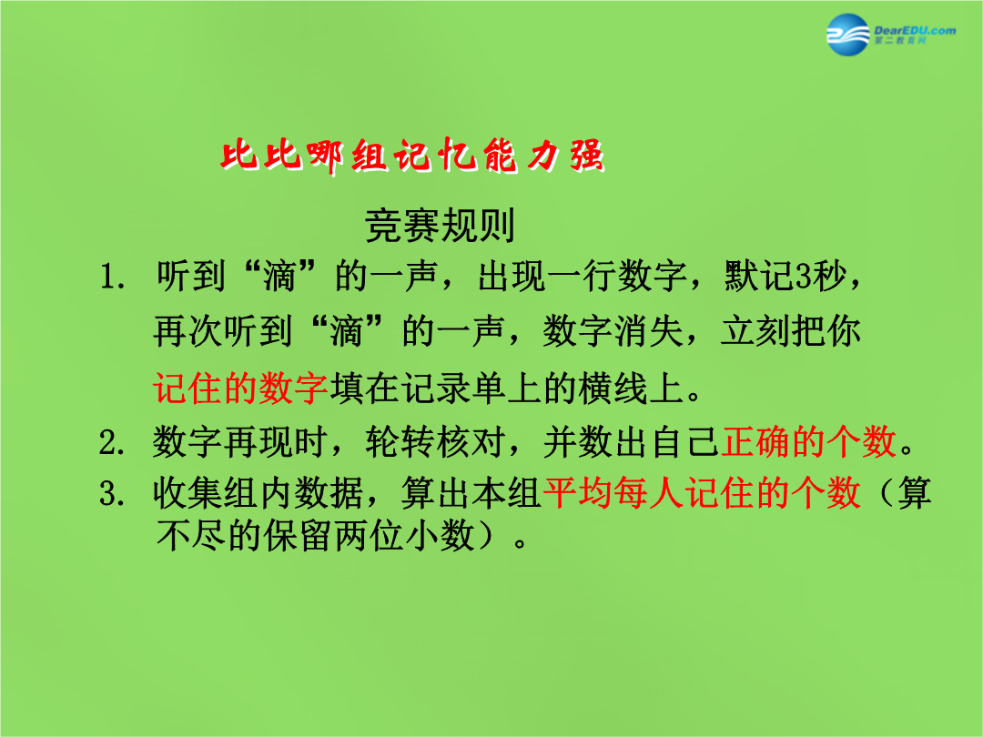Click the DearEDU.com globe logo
(x=848, y=34)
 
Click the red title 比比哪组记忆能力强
(x=412, y=155)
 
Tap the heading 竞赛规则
(x=440, y=226)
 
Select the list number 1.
(x=112, y=277)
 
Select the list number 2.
(x=112, y=442)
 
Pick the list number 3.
(x=112, y=494)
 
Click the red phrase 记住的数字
(x=240, y=388)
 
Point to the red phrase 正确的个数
(x=809, y=441)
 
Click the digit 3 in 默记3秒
(x=804, y=276)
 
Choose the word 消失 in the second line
(x=649, y=330)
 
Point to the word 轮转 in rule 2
(x=400, y=441)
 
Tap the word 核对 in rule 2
(x=471, y=441)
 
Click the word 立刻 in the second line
(x=755, y=330)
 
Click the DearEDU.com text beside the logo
(x=915, y=31)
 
